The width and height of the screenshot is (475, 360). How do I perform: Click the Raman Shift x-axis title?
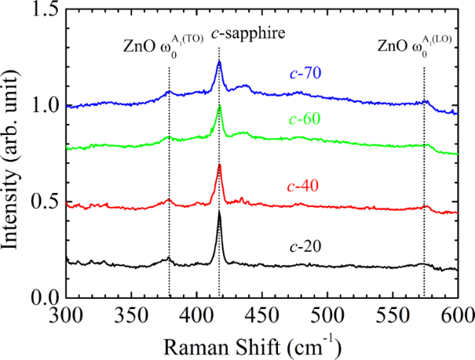click(x=261, y=343)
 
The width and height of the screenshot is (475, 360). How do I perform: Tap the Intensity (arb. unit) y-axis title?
click(x=14, y=153)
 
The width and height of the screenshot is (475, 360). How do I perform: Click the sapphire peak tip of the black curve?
click(x=219, y=212)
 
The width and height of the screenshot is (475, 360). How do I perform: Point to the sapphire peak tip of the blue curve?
click(x=219, y=61)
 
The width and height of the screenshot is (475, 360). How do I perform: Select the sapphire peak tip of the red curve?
click(x=219, y=165)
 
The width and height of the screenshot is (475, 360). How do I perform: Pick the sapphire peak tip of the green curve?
click(x=219, y=106)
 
